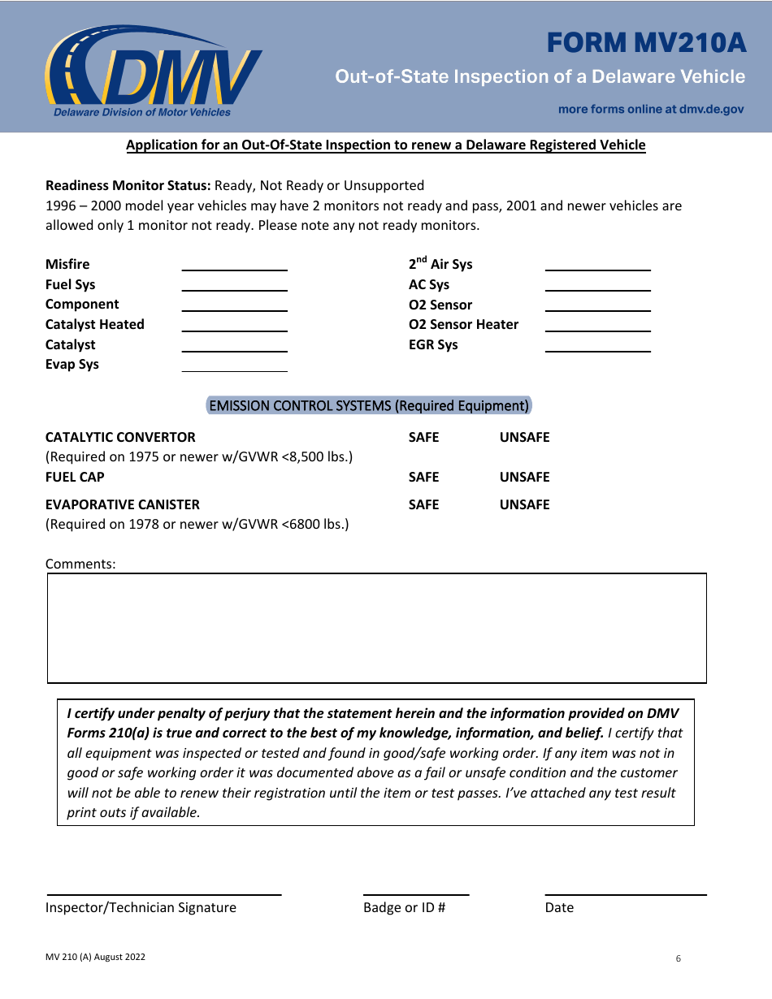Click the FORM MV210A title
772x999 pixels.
(646, 43)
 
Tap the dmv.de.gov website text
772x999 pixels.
(651, 109)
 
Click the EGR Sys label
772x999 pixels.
(433, 344)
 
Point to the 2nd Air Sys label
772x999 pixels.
(440, 264)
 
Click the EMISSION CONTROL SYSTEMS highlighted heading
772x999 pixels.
(369, 405)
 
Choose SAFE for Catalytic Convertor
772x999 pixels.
(423, 437)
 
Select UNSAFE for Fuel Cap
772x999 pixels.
(524, 477)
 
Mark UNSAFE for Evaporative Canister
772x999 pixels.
(524, 504)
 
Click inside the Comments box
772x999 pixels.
(377, 628)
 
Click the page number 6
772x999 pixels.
(679, 958)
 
